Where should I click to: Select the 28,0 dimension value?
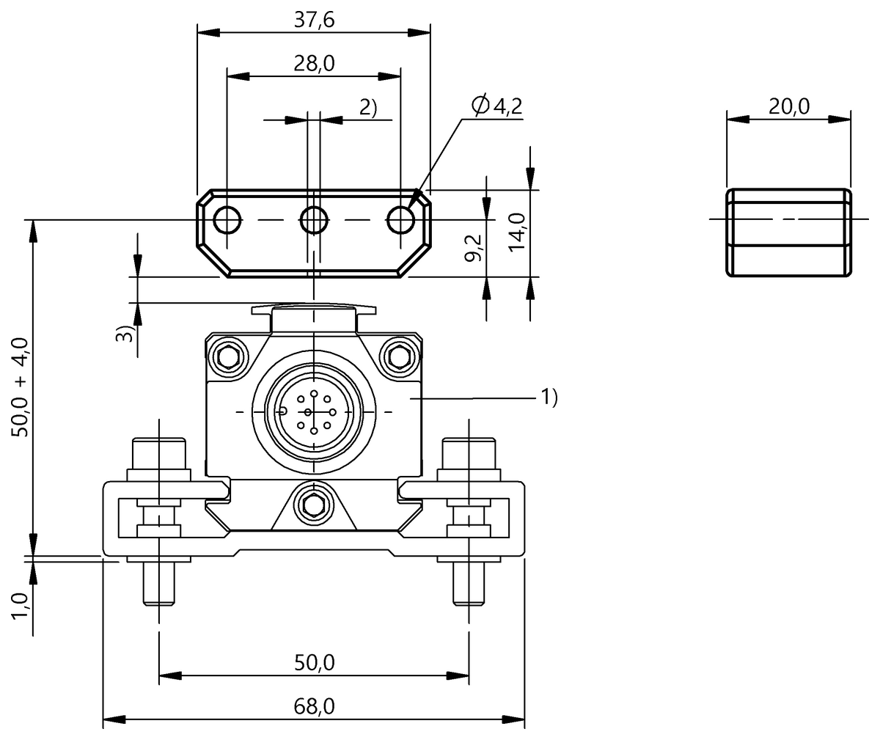(x=314, y=64)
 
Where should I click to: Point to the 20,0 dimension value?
(x=788, y=107)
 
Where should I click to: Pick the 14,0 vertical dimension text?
(x=518, y=232)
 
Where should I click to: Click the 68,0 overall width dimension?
(x=314, y=706)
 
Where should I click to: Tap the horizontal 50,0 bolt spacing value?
(x=314, y=663)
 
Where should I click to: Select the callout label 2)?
(x=367, y=107)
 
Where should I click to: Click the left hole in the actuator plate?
(x=228, y=219)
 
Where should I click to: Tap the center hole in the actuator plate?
(x=314, y=219)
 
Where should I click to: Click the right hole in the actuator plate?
(x=400, y=219)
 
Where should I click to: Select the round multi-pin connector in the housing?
(x=314, y=412)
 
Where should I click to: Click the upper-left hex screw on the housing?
(x=229, y=356)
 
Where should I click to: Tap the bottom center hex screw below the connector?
(x=314, y=505)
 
